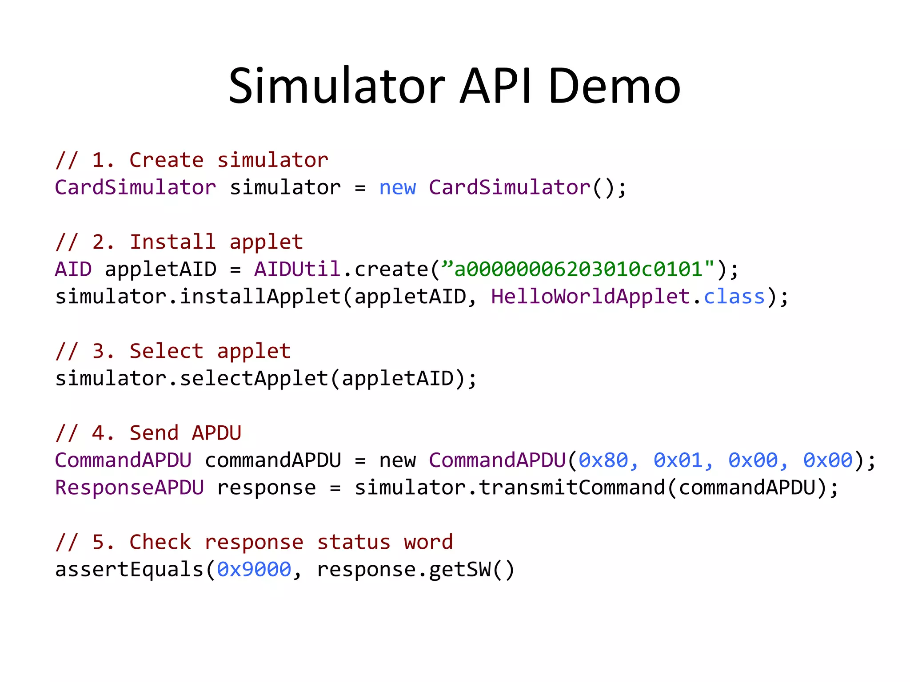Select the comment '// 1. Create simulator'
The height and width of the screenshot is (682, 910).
point(192,160)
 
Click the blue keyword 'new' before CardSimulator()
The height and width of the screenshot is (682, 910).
point(397,187)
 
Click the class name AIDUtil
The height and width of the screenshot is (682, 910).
point(297,269)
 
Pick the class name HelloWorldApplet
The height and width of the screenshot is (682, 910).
point(591,297)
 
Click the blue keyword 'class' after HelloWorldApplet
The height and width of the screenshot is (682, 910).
point(734,297)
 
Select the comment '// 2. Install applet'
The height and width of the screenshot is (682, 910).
point(179,242)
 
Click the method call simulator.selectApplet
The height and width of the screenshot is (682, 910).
point(191,379)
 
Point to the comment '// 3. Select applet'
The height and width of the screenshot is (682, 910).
point(173,351)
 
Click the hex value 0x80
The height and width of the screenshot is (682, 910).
point(603,460)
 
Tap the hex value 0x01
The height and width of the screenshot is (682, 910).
point(678,460)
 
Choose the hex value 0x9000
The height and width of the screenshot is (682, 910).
point(254,570)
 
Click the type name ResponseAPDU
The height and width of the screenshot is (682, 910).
point(129,488)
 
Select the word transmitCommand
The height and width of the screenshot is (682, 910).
point(572,488)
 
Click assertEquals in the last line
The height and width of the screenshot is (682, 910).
point(129,570)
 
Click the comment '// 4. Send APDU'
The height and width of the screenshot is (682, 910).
point(148,433)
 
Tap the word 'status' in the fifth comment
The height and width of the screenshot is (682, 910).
point(354,542)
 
